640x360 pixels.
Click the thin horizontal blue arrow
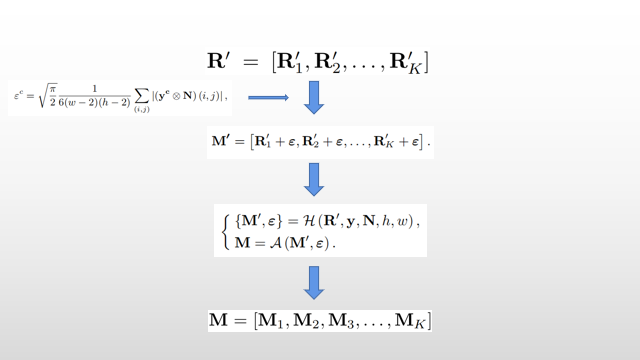tap(268, 97)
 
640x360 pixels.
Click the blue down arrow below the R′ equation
tap(314, 97)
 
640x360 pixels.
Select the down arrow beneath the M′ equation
tap(314, 178)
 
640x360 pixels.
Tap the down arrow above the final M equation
tap(314, 281)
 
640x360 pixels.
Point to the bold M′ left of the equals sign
tap(221, 142)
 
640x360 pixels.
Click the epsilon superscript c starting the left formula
tap(18, 97)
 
